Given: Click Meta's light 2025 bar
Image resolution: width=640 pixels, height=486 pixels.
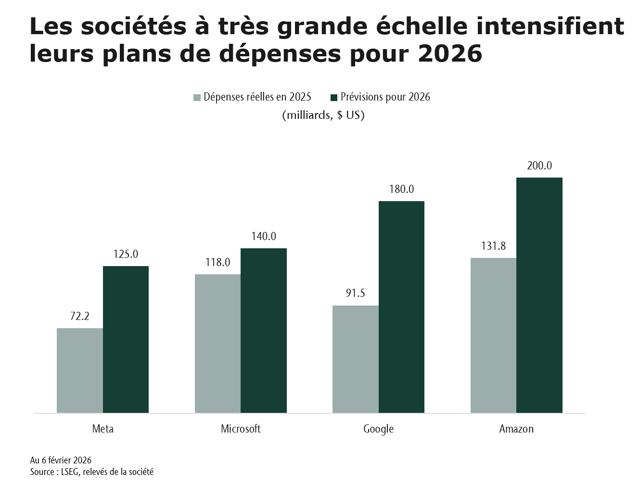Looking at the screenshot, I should coord(80,371).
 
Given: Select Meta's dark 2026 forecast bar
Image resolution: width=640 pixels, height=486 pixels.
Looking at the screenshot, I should coord(126,339).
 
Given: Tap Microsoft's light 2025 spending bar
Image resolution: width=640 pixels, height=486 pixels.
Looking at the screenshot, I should coord(218,344).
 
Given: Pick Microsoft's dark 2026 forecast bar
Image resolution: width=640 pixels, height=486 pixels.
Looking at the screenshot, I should coord(264,331).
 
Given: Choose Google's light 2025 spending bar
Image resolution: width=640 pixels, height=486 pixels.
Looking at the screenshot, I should coord(356,359).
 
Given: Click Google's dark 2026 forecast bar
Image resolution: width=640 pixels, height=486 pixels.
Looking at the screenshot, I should coord(401,307).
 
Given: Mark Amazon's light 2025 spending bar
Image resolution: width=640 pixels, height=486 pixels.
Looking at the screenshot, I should coord(493,335).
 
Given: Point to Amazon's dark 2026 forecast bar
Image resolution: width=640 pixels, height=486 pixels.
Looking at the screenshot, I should coord(539,295).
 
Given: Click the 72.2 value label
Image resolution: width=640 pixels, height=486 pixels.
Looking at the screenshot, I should coord(80,316).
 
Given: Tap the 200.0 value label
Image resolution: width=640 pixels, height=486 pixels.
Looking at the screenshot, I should coord(539,166).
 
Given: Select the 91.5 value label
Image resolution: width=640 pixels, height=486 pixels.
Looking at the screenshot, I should coord(356,293).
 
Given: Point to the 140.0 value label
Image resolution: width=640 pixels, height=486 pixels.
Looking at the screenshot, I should coord(264,236).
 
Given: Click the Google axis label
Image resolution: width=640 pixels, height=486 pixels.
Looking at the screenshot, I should coord(378,429).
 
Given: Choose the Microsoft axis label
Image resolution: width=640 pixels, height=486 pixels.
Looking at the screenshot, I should coord(241,429).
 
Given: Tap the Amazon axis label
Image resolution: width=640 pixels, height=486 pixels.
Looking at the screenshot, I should coord(516,429).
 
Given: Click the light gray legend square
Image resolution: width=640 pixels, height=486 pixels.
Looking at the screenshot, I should coord(197,98).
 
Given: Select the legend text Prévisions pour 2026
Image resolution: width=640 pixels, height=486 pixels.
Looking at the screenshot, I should coord(385,97).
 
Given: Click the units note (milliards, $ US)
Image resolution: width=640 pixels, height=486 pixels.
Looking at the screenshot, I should coord(323,115).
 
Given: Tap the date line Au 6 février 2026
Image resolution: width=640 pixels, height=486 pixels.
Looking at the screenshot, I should coord(61,460).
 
